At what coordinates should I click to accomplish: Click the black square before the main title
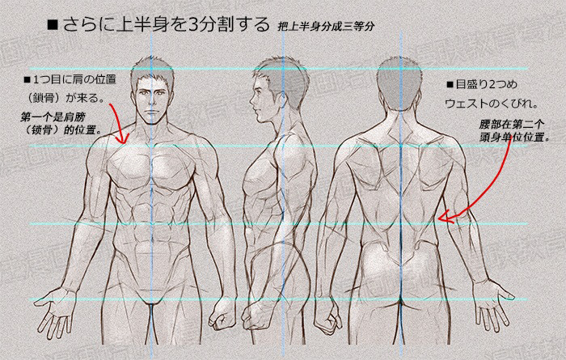coord(53,25)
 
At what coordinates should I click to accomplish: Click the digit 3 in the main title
coord(193,24)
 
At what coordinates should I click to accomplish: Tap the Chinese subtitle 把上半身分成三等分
coord(326,27)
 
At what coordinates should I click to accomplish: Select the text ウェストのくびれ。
coord(492,104)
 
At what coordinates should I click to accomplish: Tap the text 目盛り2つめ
coord(482,84)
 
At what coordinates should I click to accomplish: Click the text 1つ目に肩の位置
coord(70,79)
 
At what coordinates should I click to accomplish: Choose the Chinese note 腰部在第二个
coord(512,125)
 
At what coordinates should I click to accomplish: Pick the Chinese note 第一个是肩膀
coord(53,117)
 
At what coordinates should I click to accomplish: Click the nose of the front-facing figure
coord(152,103)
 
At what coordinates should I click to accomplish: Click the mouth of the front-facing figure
coord(152,112)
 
